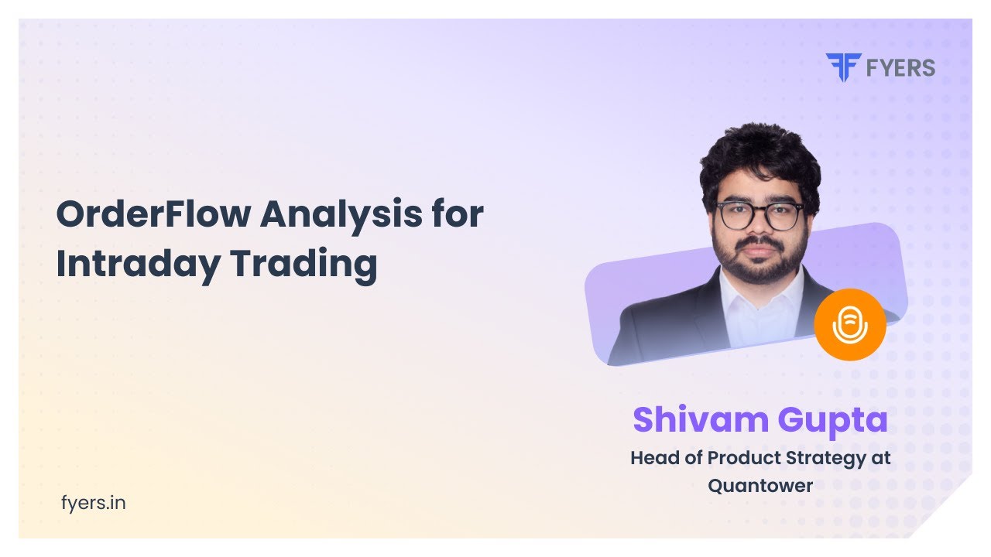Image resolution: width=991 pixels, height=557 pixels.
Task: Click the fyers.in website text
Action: point(93,503)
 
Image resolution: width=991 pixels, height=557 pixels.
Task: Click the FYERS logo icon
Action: point(842,67)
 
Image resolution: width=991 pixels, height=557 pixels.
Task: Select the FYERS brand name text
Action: point(900,68)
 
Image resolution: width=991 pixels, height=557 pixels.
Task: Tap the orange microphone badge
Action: point(849,324)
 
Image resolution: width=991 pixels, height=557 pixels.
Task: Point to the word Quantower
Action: point(760,486)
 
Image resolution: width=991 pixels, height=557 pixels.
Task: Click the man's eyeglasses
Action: point(760,216)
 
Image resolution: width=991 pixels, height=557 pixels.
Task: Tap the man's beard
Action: point(759,263)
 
